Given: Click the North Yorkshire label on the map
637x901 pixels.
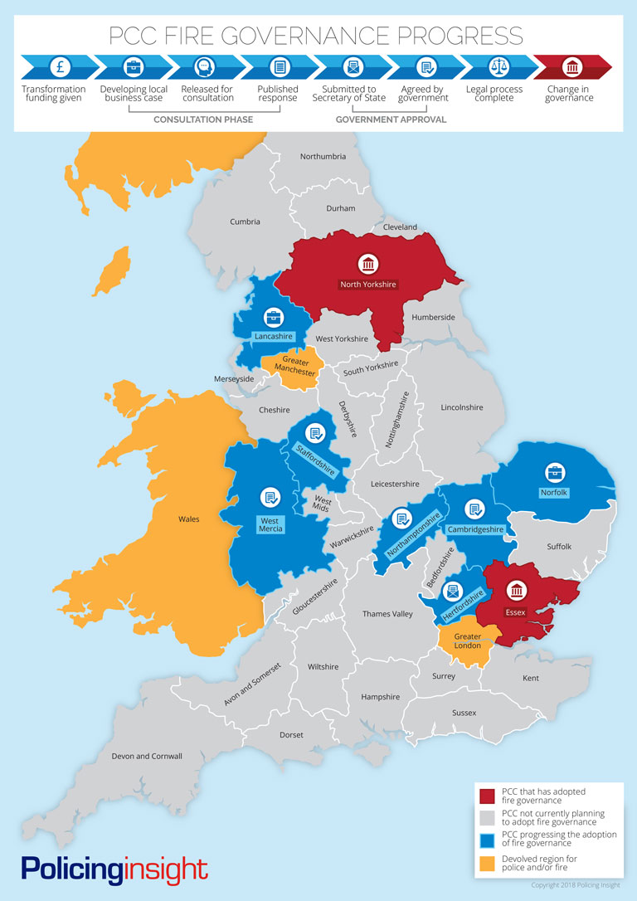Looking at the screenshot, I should tap(367, 285).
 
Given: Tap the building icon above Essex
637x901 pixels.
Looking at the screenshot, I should tap(517, 592).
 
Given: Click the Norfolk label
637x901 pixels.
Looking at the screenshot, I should tap(555, 492).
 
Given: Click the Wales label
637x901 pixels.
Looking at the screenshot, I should tap(188, 519).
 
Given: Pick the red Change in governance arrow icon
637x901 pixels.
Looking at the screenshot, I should tap(572, 66).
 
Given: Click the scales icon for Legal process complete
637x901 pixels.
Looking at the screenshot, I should tap(498, 66).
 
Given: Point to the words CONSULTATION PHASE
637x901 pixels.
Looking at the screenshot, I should tap(203, 119).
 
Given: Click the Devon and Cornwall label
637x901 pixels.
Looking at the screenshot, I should tap(147, 756).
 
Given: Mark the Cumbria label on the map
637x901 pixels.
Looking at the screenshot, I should tap(245, 222).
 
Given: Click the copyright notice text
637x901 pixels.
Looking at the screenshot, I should tap(575, 885).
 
